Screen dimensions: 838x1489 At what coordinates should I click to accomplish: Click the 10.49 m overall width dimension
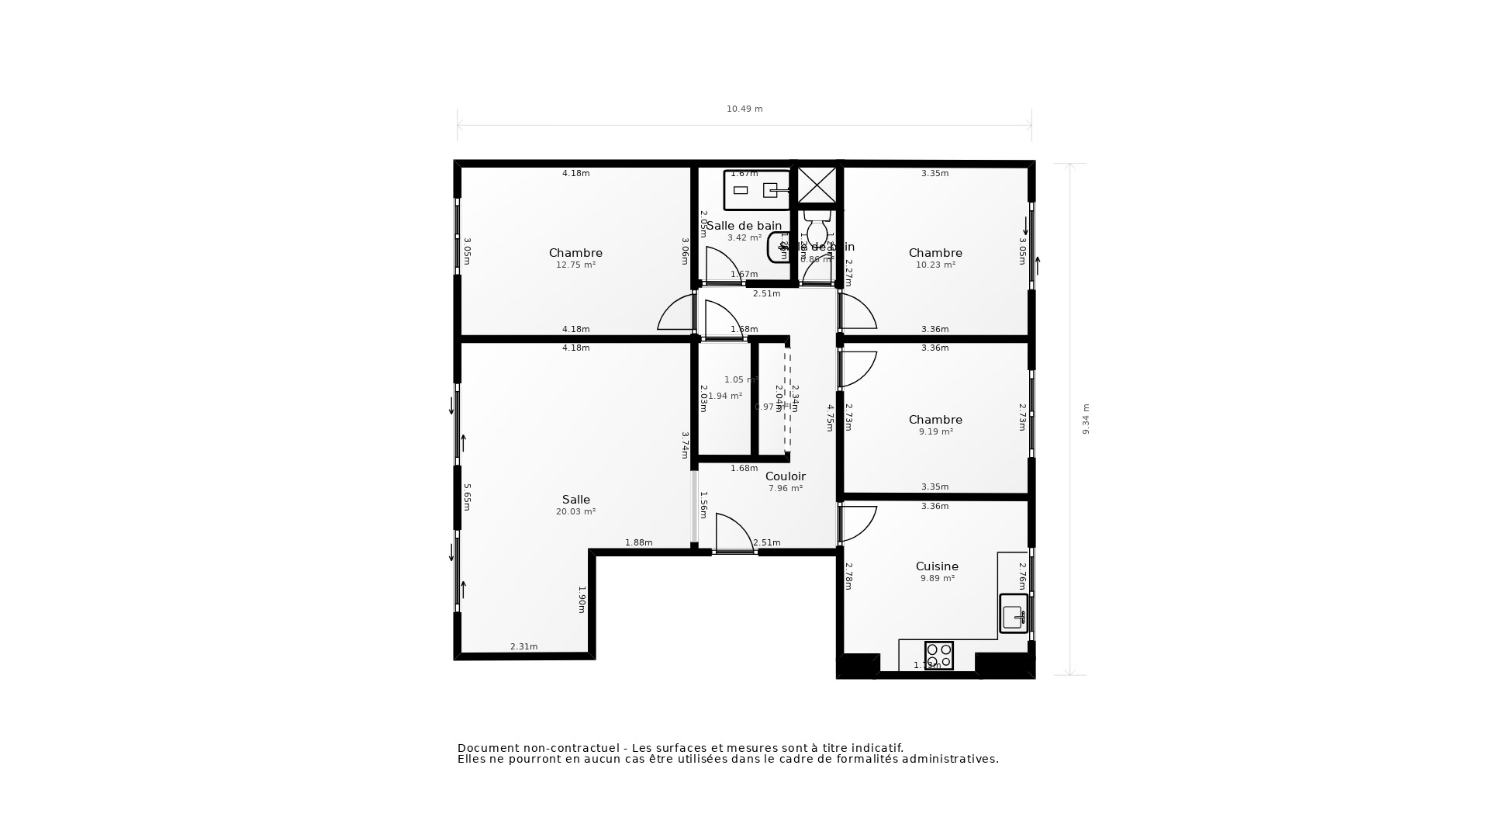(x=744, y=109)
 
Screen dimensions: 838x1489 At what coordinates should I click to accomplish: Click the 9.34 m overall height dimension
(x=1086, y=419)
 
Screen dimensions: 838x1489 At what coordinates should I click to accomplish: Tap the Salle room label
(x=575, y=500)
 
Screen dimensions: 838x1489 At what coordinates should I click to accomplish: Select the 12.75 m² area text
(x=575, y=265)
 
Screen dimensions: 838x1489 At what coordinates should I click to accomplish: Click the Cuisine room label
(x=937, y=566)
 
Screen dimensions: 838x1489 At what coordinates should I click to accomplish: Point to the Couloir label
(x=785, y=476)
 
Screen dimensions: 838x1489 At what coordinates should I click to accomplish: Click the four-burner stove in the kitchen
(x=938, y=655)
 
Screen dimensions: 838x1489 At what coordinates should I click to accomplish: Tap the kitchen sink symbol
(x=1013, y=615)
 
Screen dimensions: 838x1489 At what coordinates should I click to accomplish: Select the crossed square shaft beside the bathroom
(x=817, y=185)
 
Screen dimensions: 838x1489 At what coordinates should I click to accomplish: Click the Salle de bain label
(x=744, y=226)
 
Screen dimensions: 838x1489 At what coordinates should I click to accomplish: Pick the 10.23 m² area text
(x=935, y=265)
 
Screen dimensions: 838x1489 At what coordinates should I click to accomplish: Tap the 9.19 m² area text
(x=935, y=432)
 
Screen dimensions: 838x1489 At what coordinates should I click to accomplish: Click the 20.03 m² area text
(x=575, y=512)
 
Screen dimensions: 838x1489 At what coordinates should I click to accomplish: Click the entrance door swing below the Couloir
(x=732, y=534)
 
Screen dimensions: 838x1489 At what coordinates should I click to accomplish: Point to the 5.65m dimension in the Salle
(x=467, y=497)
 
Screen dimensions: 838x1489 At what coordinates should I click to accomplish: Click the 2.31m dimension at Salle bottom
(x=523, y=647)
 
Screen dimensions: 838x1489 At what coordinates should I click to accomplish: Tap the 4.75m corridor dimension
(x=830, y=417)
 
